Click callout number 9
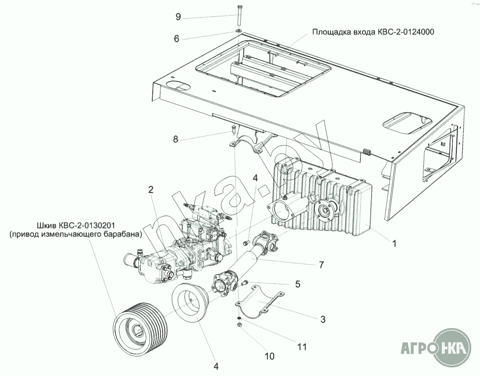(178, 17)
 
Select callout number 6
(176, 38)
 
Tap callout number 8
(175, 139)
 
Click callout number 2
(151, 190)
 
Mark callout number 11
(302, 346)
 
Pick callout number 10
(269, 356)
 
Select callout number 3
(323, 319)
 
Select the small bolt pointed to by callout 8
(233, 129)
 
